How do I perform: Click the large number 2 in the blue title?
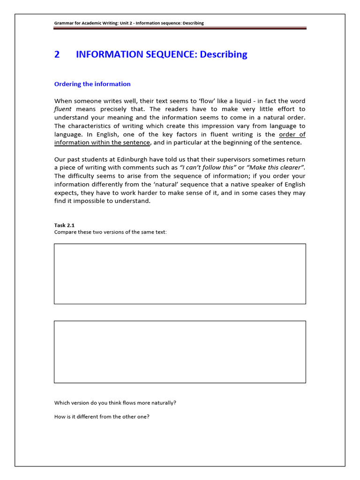(57, 54)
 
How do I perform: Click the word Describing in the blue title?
(223, 54)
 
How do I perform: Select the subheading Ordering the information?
(92, 84)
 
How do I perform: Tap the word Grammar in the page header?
(64, 23)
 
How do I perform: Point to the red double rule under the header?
(180, 29)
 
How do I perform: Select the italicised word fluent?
(63, 109)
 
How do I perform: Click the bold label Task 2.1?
(64, 225)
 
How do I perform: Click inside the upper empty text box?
(180, 274)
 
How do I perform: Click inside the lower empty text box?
(180, 352)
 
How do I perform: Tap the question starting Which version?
(115, 403)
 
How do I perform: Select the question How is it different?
(102, 416)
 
